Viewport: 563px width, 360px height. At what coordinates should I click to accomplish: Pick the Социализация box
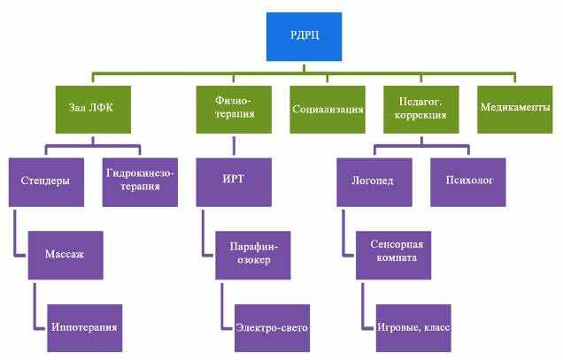click(x=327, y=109)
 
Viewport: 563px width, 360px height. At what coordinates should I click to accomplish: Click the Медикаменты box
click(x=513, y=109)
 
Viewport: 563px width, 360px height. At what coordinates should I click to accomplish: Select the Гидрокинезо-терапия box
click(x=139, y=181)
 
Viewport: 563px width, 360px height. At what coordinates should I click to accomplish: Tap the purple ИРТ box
click(x=234, y=181)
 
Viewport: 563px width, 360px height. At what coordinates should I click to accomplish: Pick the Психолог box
click(x=467, y=181)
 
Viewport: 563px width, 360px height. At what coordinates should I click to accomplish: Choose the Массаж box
click(x=64, y=255)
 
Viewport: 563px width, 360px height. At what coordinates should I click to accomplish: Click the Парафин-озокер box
click(x=252, y=255)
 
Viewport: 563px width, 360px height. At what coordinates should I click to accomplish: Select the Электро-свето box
click(x=271, y=327)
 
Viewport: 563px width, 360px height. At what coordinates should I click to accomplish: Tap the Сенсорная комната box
click(x=392, y=255)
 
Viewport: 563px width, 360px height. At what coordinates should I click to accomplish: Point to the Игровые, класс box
click(x=412, y=327)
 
